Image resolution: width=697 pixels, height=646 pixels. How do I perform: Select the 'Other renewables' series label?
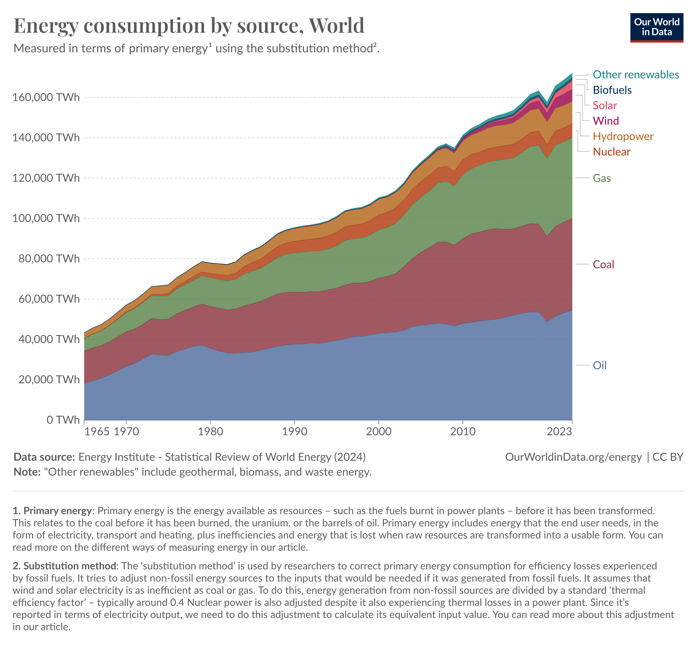click(x=635, y=75)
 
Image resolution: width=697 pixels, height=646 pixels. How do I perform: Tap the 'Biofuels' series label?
click(x=612, y=90)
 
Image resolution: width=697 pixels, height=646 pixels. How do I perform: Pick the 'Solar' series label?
click(x=605, y=105)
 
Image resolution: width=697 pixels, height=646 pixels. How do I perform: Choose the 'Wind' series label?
click(x=606, y=121)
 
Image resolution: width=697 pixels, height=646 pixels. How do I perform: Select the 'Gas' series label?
click(x=601, y=178)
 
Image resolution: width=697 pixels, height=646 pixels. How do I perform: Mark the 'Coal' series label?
click(x=603, y=264)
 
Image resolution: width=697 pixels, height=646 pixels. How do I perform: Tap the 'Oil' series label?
click(x=599, y=365)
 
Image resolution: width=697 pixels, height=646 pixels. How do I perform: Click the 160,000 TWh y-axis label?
click(x=46, y=97)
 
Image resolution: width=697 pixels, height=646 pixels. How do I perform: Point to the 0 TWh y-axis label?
click(x=63, y=419)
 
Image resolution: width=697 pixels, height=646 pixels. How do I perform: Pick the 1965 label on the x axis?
click(x=97, y=431)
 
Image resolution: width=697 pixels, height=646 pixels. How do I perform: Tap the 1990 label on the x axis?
click(x=295, y=431)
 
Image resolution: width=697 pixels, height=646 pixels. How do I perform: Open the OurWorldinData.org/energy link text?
click(x=573, y=457)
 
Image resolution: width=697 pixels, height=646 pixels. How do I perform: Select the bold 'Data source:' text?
click(x=44, y=457)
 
